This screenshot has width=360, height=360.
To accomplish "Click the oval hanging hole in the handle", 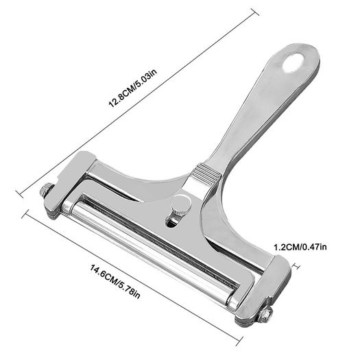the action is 293,62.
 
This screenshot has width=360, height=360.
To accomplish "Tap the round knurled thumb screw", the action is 182,204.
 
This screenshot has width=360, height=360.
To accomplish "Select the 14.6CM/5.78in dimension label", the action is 115,281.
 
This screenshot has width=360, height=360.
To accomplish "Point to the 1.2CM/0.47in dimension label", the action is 300,247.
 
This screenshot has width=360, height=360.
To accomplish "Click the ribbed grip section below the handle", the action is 205,174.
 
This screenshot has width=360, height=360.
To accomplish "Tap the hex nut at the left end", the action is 47,190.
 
